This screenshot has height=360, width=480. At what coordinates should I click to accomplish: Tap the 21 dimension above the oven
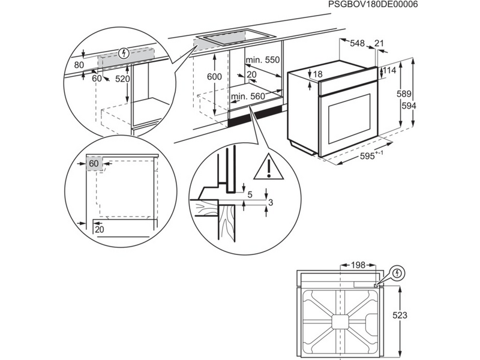pyautogui.click(x=379, y=43)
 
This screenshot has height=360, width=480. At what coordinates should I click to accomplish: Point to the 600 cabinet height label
pyautogui.click(x=214, y=77)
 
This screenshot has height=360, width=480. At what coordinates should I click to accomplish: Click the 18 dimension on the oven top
pyautogui.click(x=317, y=74)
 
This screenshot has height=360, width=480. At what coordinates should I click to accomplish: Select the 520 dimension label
pyautogui.click(x=122, y=78)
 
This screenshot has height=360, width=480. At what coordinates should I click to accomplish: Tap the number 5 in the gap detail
pyautogui.click(x=249, y=193)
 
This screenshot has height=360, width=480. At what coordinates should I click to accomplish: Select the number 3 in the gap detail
pyautogui.click(x=271, y=203)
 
